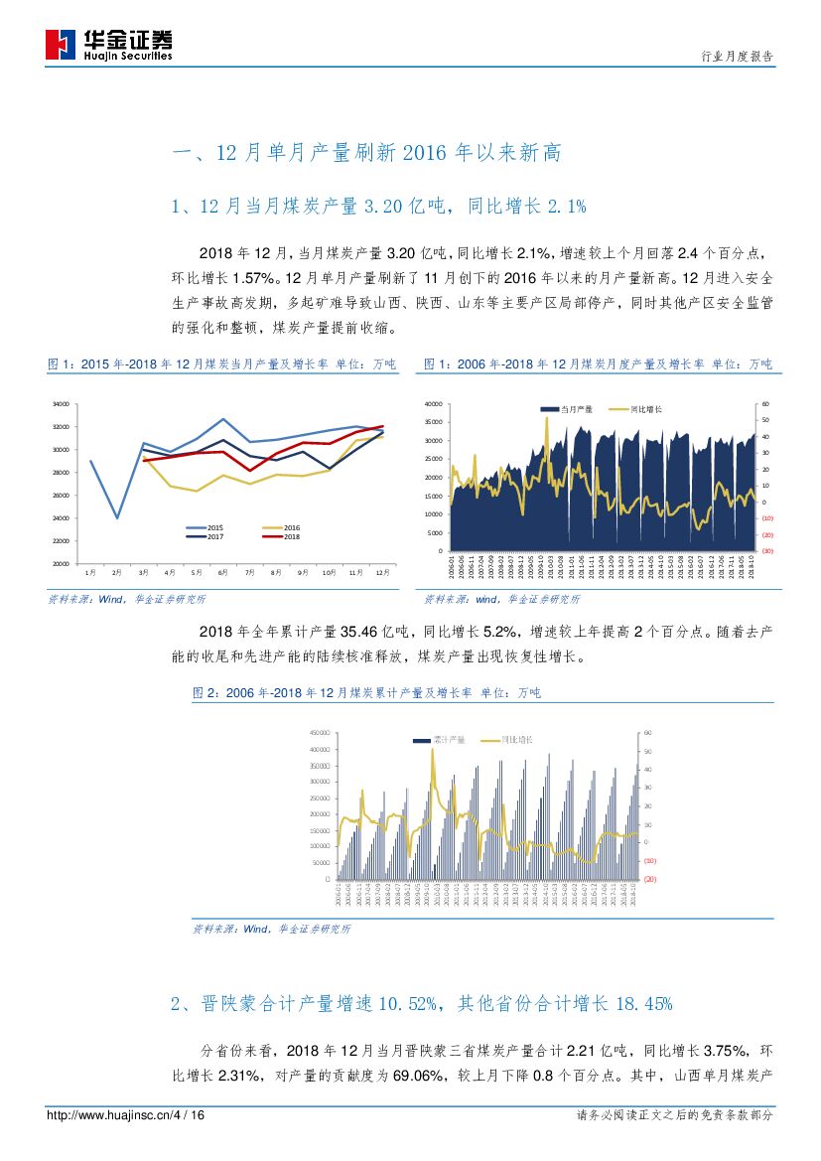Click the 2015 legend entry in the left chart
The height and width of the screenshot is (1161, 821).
coord(209,527)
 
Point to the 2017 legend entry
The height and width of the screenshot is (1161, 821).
coord(209,536)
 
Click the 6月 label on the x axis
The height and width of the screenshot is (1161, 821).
coord(223,573)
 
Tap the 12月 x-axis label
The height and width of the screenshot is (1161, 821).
coord(383,573)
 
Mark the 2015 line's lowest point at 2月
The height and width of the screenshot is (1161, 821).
coord(117,517)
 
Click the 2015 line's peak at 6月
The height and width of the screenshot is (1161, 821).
coord(223,419)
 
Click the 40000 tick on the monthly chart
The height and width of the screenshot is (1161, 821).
coord(432,404)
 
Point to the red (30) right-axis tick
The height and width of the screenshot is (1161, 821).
coord(767,551)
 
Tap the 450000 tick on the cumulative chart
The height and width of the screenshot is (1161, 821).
coord(319,733)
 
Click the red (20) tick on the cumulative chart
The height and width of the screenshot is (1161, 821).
coord(650,879)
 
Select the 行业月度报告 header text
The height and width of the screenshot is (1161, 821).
coord(737,57)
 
